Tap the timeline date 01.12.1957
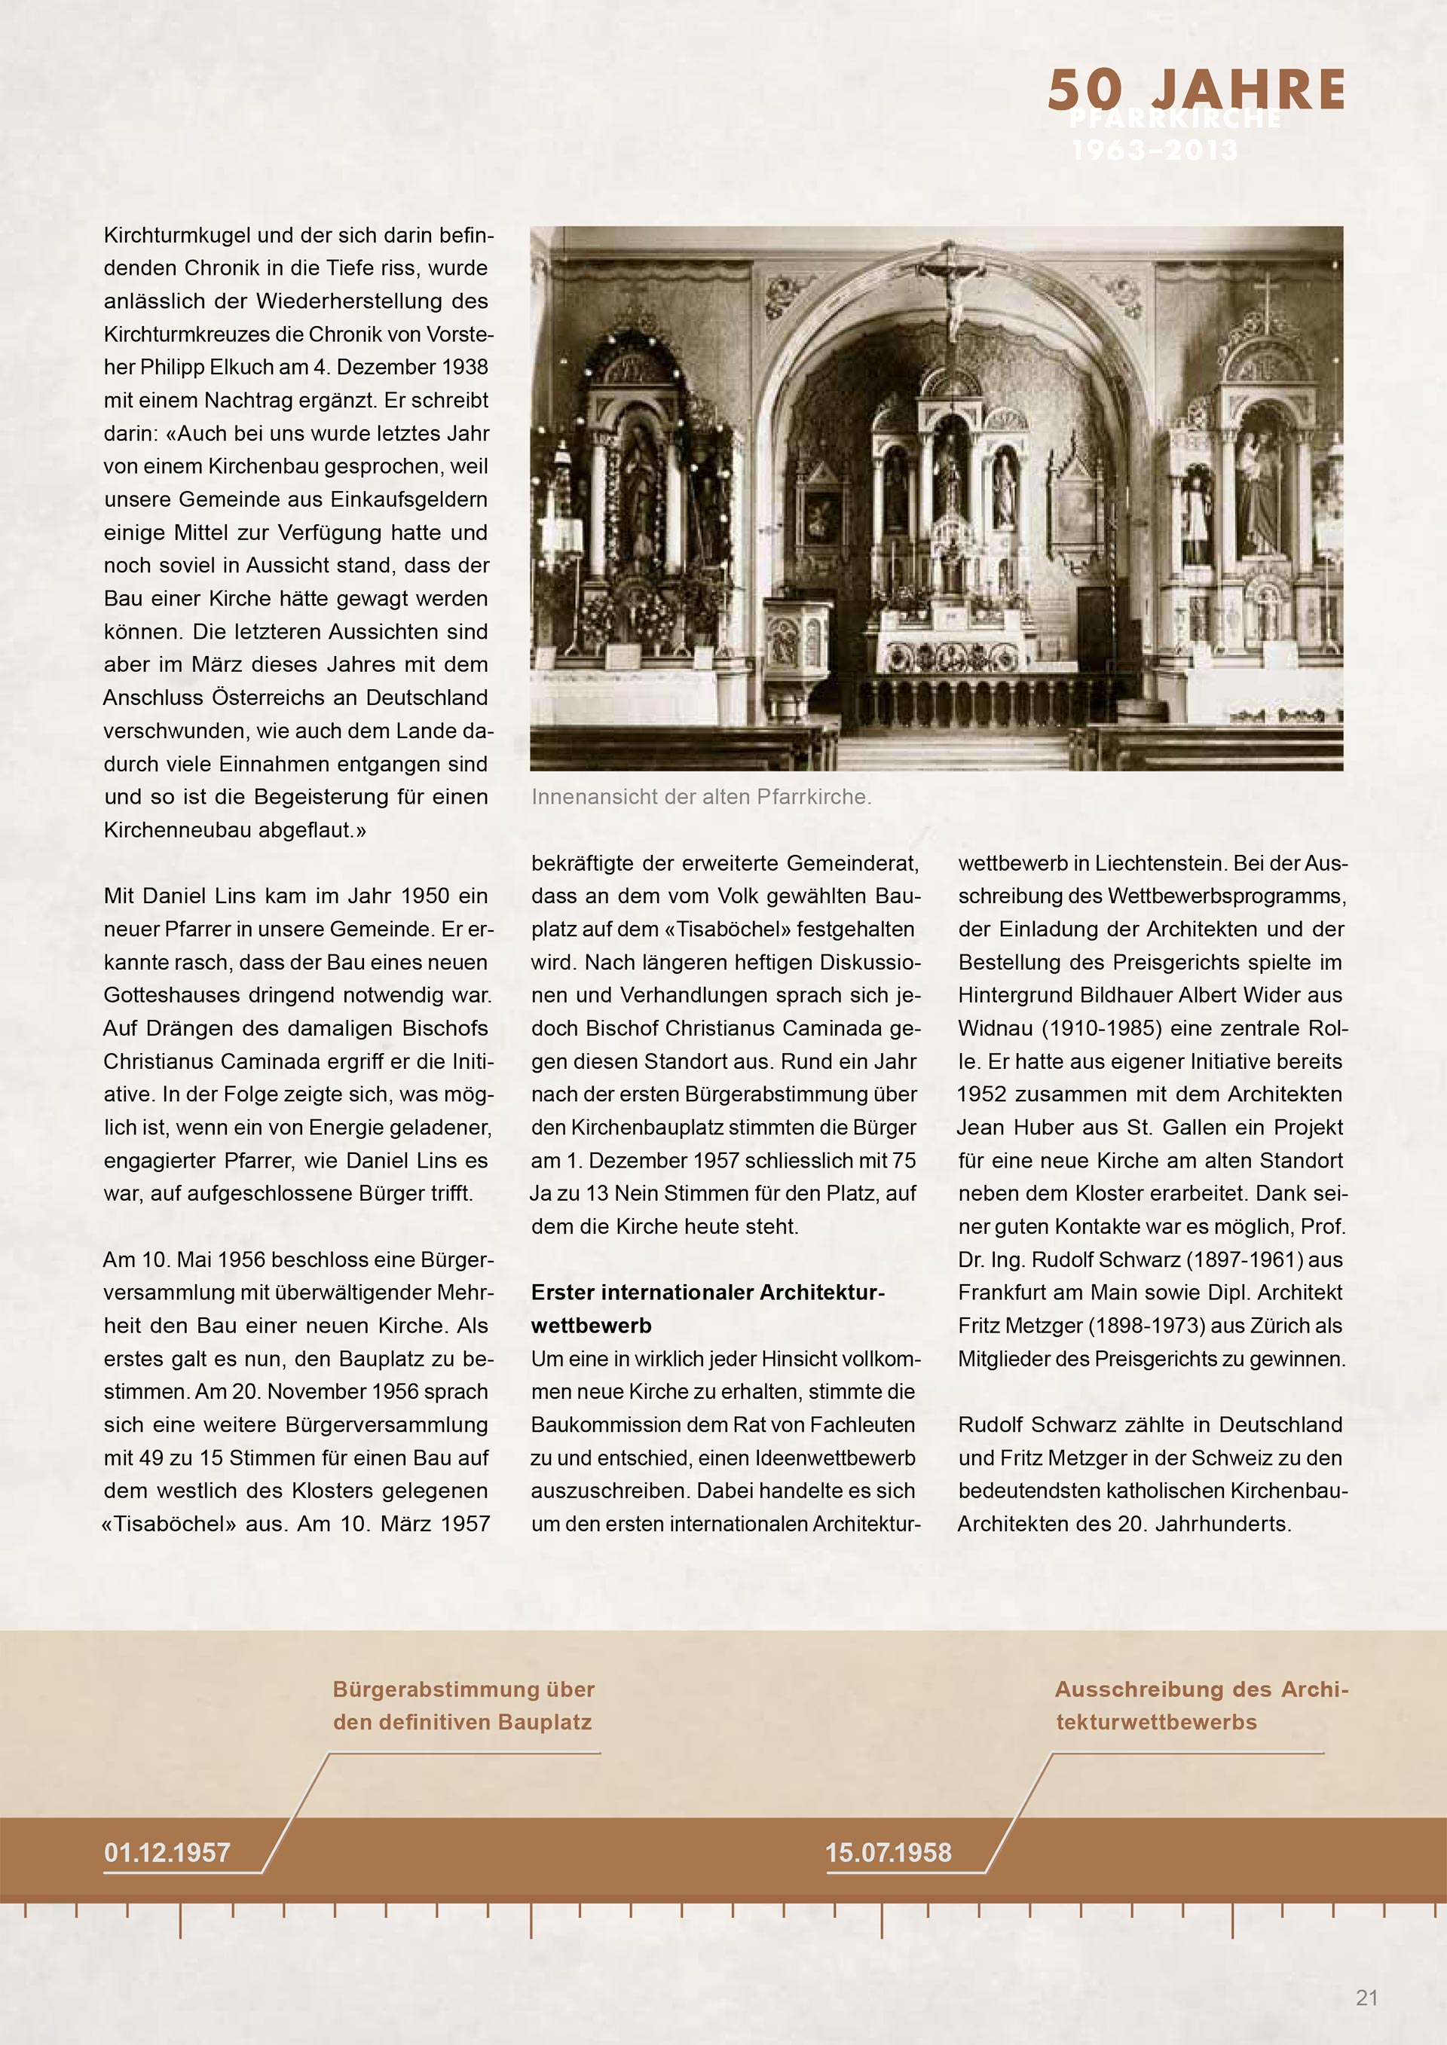(x=167, y=1853)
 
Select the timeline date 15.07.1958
(x=889, y=1853)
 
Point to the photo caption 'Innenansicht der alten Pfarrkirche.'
(x=701, y=797)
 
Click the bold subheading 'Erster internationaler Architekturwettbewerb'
(x=708, y=1308)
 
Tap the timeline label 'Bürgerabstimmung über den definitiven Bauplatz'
(x=463, y=1705)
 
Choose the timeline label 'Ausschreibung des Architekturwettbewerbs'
(x=1201, y=1705)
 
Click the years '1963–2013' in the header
(x=1155, y=151)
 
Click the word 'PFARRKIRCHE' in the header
(x=1174, y=118)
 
